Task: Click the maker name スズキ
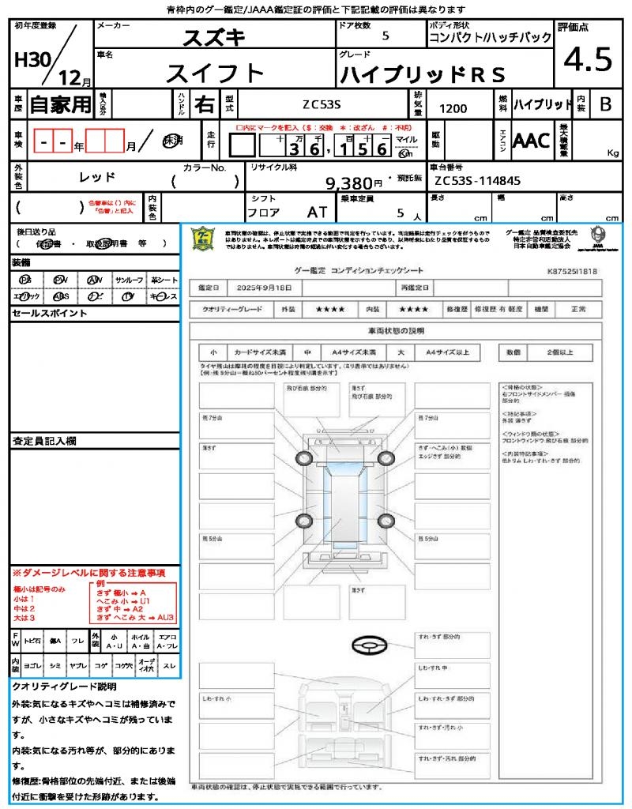214,36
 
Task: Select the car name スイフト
214,73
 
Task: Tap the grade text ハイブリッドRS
422,74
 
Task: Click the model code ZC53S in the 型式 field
322,104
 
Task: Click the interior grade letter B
605,104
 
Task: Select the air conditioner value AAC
531,141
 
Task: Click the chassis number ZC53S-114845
477,181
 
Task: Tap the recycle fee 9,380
349,183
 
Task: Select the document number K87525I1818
572,271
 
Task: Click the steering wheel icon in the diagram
370,646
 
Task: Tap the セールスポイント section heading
50,314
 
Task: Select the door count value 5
385,36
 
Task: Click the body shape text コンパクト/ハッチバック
490,38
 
